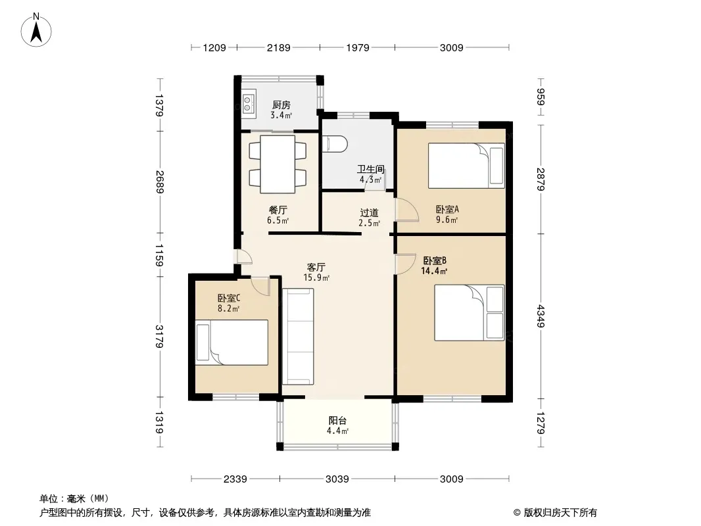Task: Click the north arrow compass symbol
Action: tap(36, 30)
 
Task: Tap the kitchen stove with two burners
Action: tap(248, 103)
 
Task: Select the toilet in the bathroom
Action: tap(335, 143)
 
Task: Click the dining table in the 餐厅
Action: tap(278, 164)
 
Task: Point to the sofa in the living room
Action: tap(298, 336)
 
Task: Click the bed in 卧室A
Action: tap(466, 165)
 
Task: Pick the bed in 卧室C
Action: tap(231, 343)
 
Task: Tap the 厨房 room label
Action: tap(281, 105)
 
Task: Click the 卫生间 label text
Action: tap(371, 170)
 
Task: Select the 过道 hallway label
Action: tap(370, 213)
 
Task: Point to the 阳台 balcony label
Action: tap(337, 421)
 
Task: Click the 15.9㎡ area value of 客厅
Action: tap(316, 277)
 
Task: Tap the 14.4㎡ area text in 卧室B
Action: tap(434, 271)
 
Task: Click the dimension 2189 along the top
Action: tap(279, 47)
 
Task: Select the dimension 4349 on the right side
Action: tap(541, 316)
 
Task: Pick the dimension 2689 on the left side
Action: tap(160, 182)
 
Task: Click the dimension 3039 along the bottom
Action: tap(337, 479)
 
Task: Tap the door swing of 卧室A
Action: tap(407, 209)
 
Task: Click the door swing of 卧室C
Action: tap(261, 286)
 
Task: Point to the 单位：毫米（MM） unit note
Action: tap(74, 498)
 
